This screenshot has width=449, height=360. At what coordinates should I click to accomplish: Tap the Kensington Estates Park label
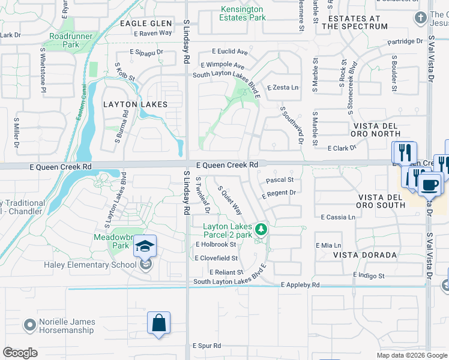243,13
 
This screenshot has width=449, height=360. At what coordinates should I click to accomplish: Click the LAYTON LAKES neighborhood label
135,104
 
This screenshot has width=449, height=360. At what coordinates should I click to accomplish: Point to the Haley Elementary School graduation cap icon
145,247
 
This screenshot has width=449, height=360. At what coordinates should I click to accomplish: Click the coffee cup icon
430,184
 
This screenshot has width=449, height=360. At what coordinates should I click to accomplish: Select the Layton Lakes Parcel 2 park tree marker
261,229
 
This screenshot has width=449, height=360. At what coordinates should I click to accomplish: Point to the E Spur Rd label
206,346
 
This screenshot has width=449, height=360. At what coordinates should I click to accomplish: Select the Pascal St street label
279,179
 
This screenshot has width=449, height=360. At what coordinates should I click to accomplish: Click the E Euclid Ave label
228,52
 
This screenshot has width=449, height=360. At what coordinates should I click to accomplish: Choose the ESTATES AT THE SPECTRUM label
354,22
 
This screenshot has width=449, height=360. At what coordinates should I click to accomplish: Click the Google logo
20,353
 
